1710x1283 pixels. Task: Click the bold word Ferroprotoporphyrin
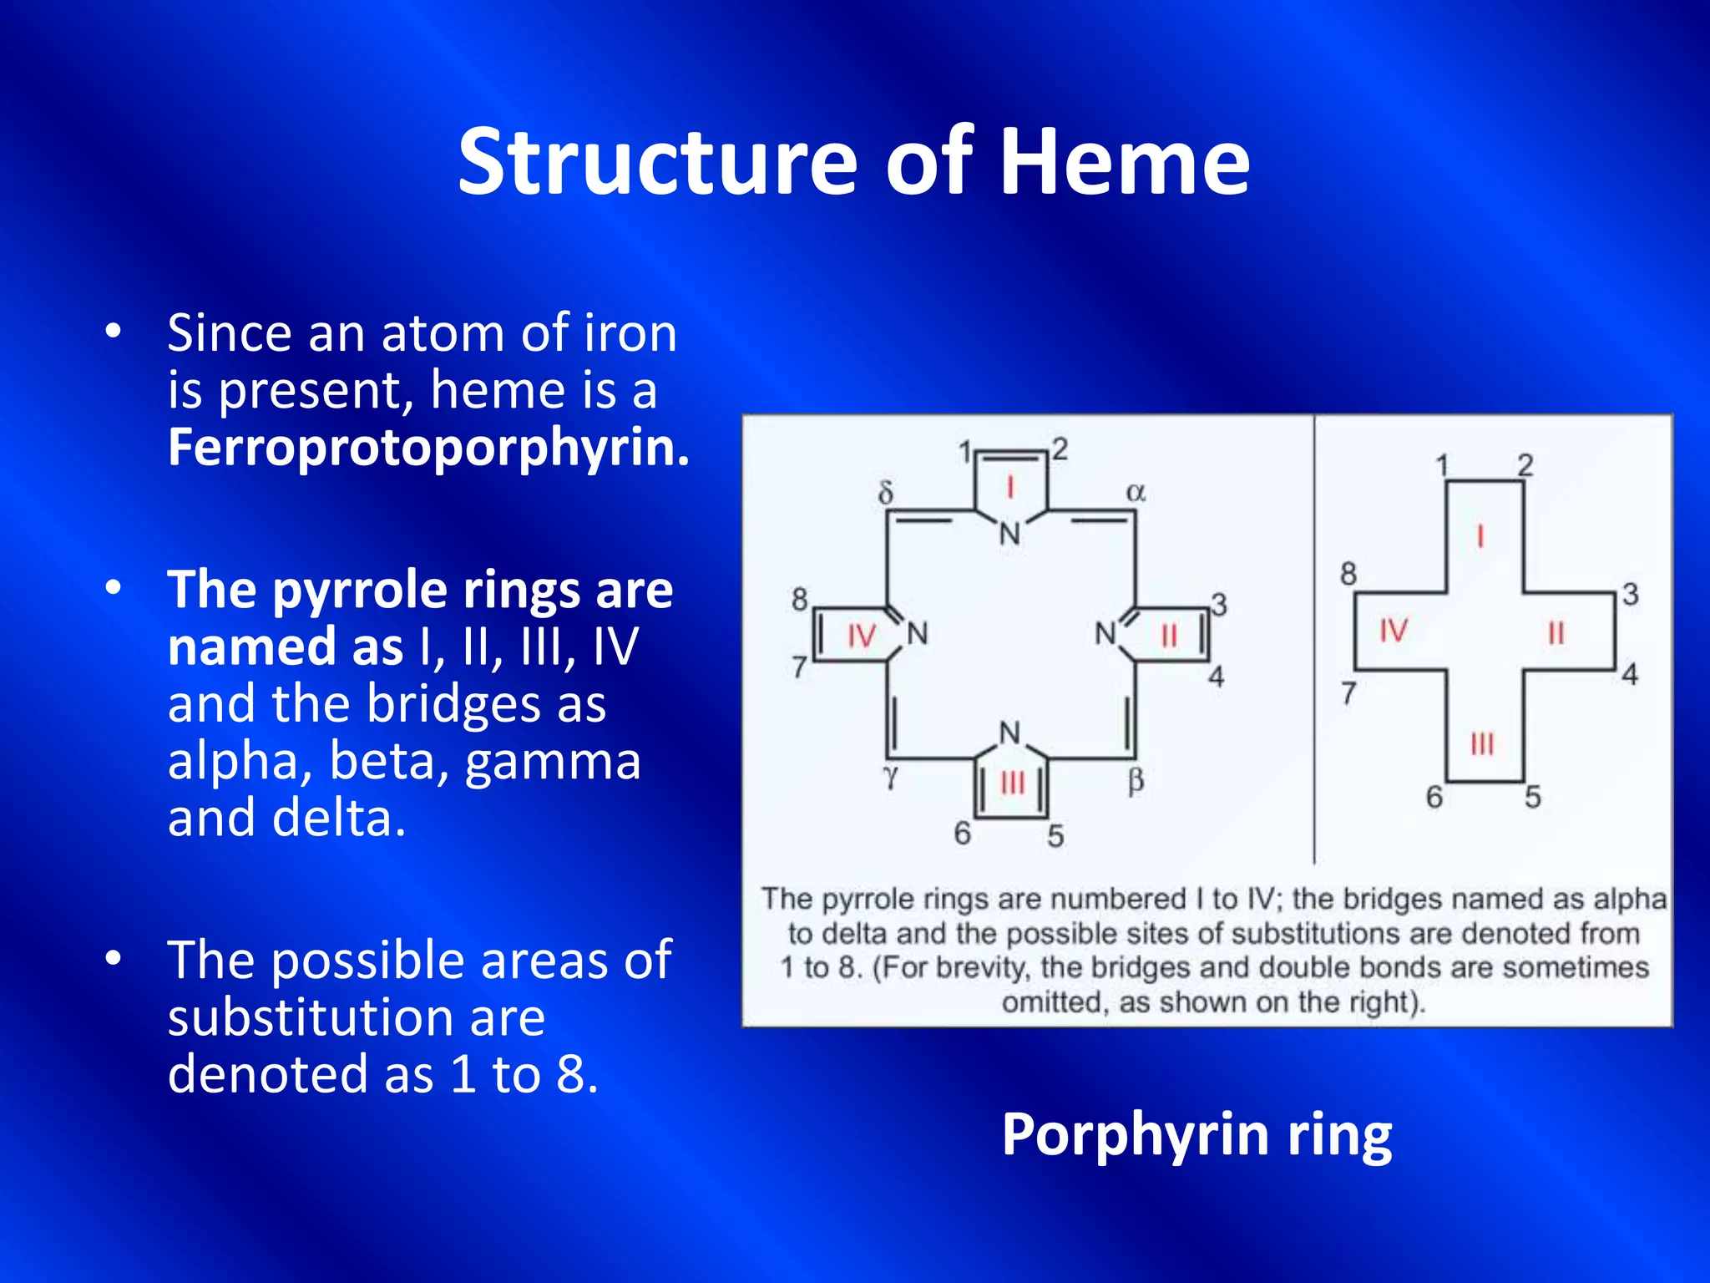point(428,447)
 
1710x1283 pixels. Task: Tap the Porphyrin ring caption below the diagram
point(1196,1135)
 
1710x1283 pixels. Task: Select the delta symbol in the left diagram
point(886,492)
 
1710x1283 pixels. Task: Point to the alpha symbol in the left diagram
point(1136,492)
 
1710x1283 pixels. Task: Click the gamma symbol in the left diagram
point(891,776)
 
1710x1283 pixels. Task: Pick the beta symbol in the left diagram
point(1136,781)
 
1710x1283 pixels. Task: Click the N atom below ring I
point(1010,534)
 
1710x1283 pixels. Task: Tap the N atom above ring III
point(1010,733)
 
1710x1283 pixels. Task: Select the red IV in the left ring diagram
point(861,636)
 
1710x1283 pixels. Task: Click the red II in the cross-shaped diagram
point(1556,634)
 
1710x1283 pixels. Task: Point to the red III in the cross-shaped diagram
point(1482,743)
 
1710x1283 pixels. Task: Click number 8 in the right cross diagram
point(1348,574)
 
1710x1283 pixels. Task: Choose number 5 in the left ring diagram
point(1055,835)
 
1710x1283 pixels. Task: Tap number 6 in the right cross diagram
point(1434,797)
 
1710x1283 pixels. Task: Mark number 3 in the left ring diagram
point(1219,604)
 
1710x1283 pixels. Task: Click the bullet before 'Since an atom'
point(114,332)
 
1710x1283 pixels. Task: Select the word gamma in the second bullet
point(552,761)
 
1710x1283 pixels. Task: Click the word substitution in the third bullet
point(357,1017)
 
